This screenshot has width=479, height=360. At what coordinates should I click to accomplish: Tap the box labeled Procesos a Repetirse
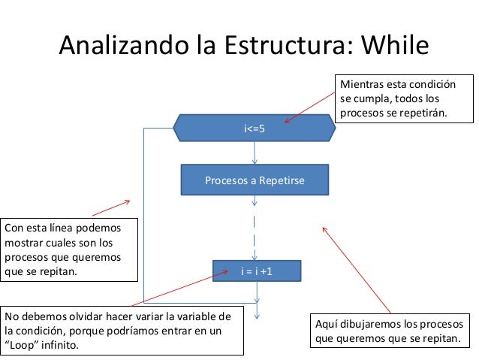pos(255,181)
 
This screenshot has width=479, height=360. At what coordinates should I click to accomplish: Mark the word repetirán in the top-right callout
pos(424,113)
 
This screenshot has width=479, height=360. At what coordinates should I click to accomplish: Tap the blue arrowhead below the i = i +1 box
pos(256,306)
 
